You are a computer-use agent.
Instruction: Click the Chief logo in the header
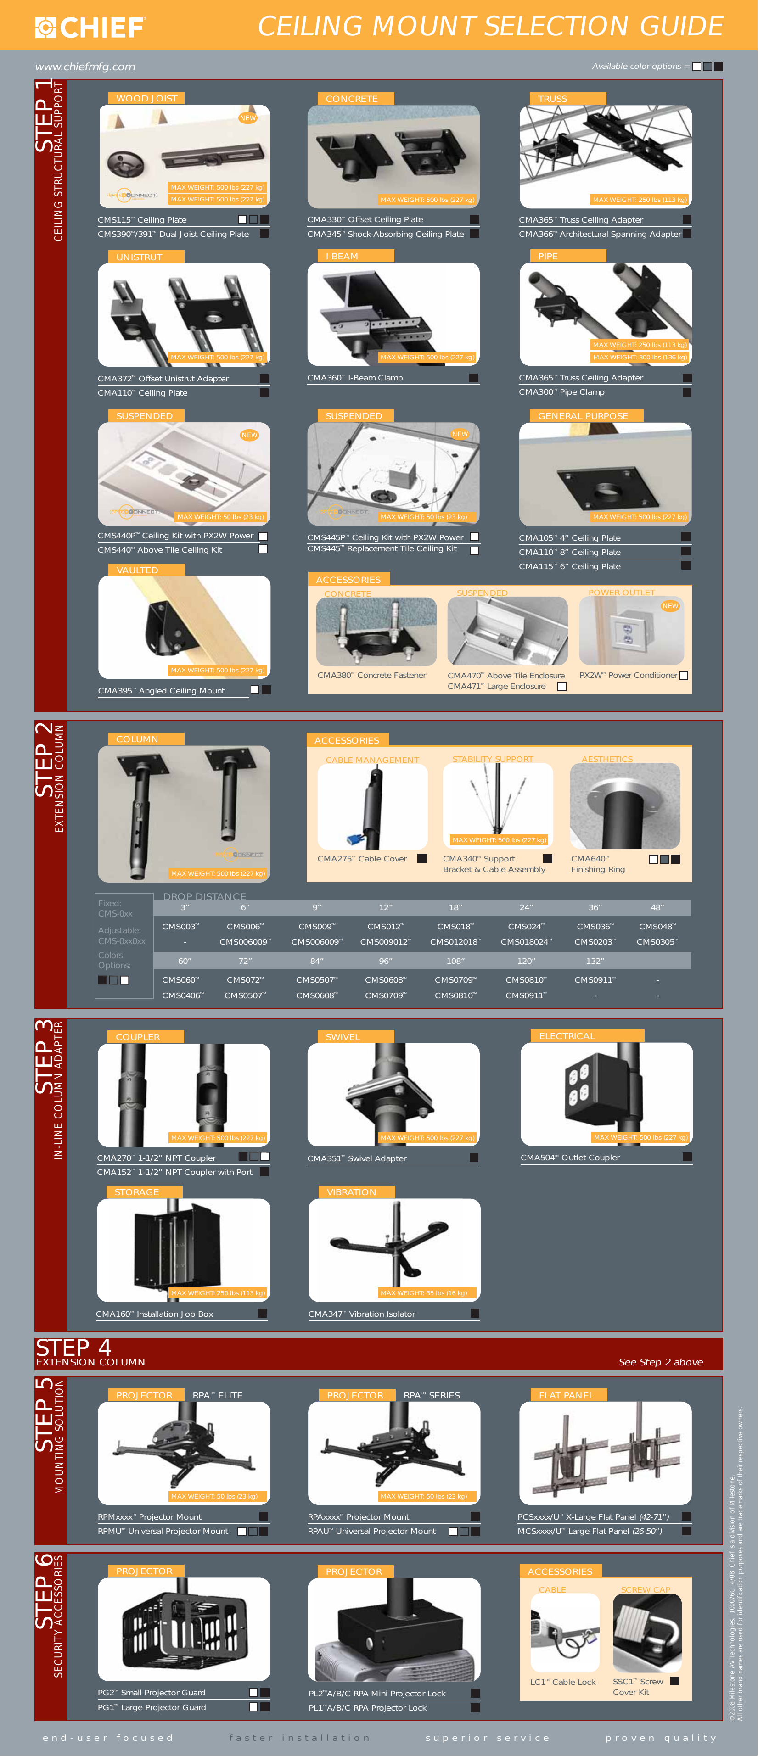click(90, 27)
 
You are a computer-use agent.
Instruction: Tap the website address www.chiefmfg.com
click(85, 67)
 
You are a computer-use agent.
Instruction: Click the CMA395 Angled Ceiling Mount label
click(161, 691)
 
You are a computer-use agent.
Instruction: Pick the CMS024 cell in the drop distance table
click(526, 926)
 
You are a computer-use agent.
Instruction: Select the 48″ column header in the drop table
click(657, 907)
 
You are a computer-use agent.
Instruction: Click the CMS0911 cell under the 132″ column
click(595, 979)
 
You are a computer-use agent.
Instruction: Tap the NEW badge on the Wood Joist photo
click(247, 118)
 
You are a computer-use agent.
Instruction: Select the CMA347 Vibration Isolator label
click(361, 1314)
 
